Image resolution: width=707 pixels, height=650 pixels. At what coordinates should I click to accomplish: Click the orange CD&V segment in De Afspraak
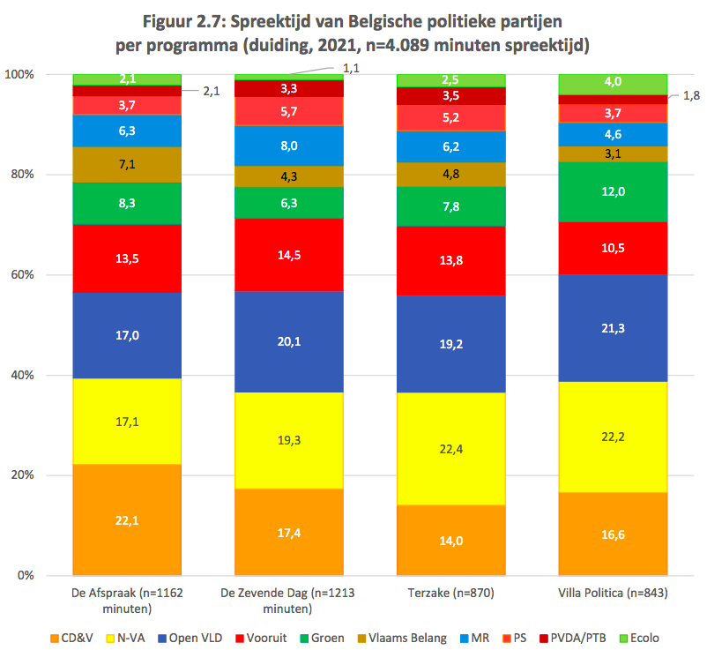coord(127,519)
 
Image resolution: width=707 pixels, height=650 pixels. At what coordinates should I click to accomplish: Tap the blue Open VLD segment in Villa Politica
coord(613,328)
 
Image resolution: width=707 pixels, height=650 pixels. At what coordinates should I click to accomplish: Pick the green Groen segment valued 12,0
coord(613,191)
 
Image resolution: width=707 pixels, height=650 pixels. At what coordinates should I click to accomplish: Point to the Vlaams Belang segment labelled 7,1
coord(127,165)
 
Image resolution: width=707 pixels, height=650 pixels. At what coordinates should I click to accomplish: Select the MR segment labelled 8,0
coord(288,146)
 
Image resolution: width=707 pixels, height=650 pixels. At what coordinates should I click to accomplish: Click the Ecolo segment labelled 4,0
coord(613,83)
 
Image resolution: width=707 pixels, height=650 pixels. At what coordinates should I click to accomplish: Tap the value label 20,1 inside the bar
coord(288,341)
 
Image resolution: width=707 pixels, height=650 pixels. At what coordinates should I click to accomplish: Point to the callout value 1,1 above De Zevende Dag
coord(352,67)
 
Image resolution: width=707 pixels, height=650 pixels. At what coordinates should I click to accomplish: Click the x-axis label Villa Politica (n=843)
coord(614,594)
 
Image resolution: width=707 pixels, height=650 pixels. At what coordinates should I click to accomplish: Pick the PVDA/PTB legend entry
coord(576,638)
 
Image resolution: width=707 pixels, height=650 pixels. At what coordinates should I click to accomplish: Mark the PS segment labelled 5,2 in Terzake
coord(451,117)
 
